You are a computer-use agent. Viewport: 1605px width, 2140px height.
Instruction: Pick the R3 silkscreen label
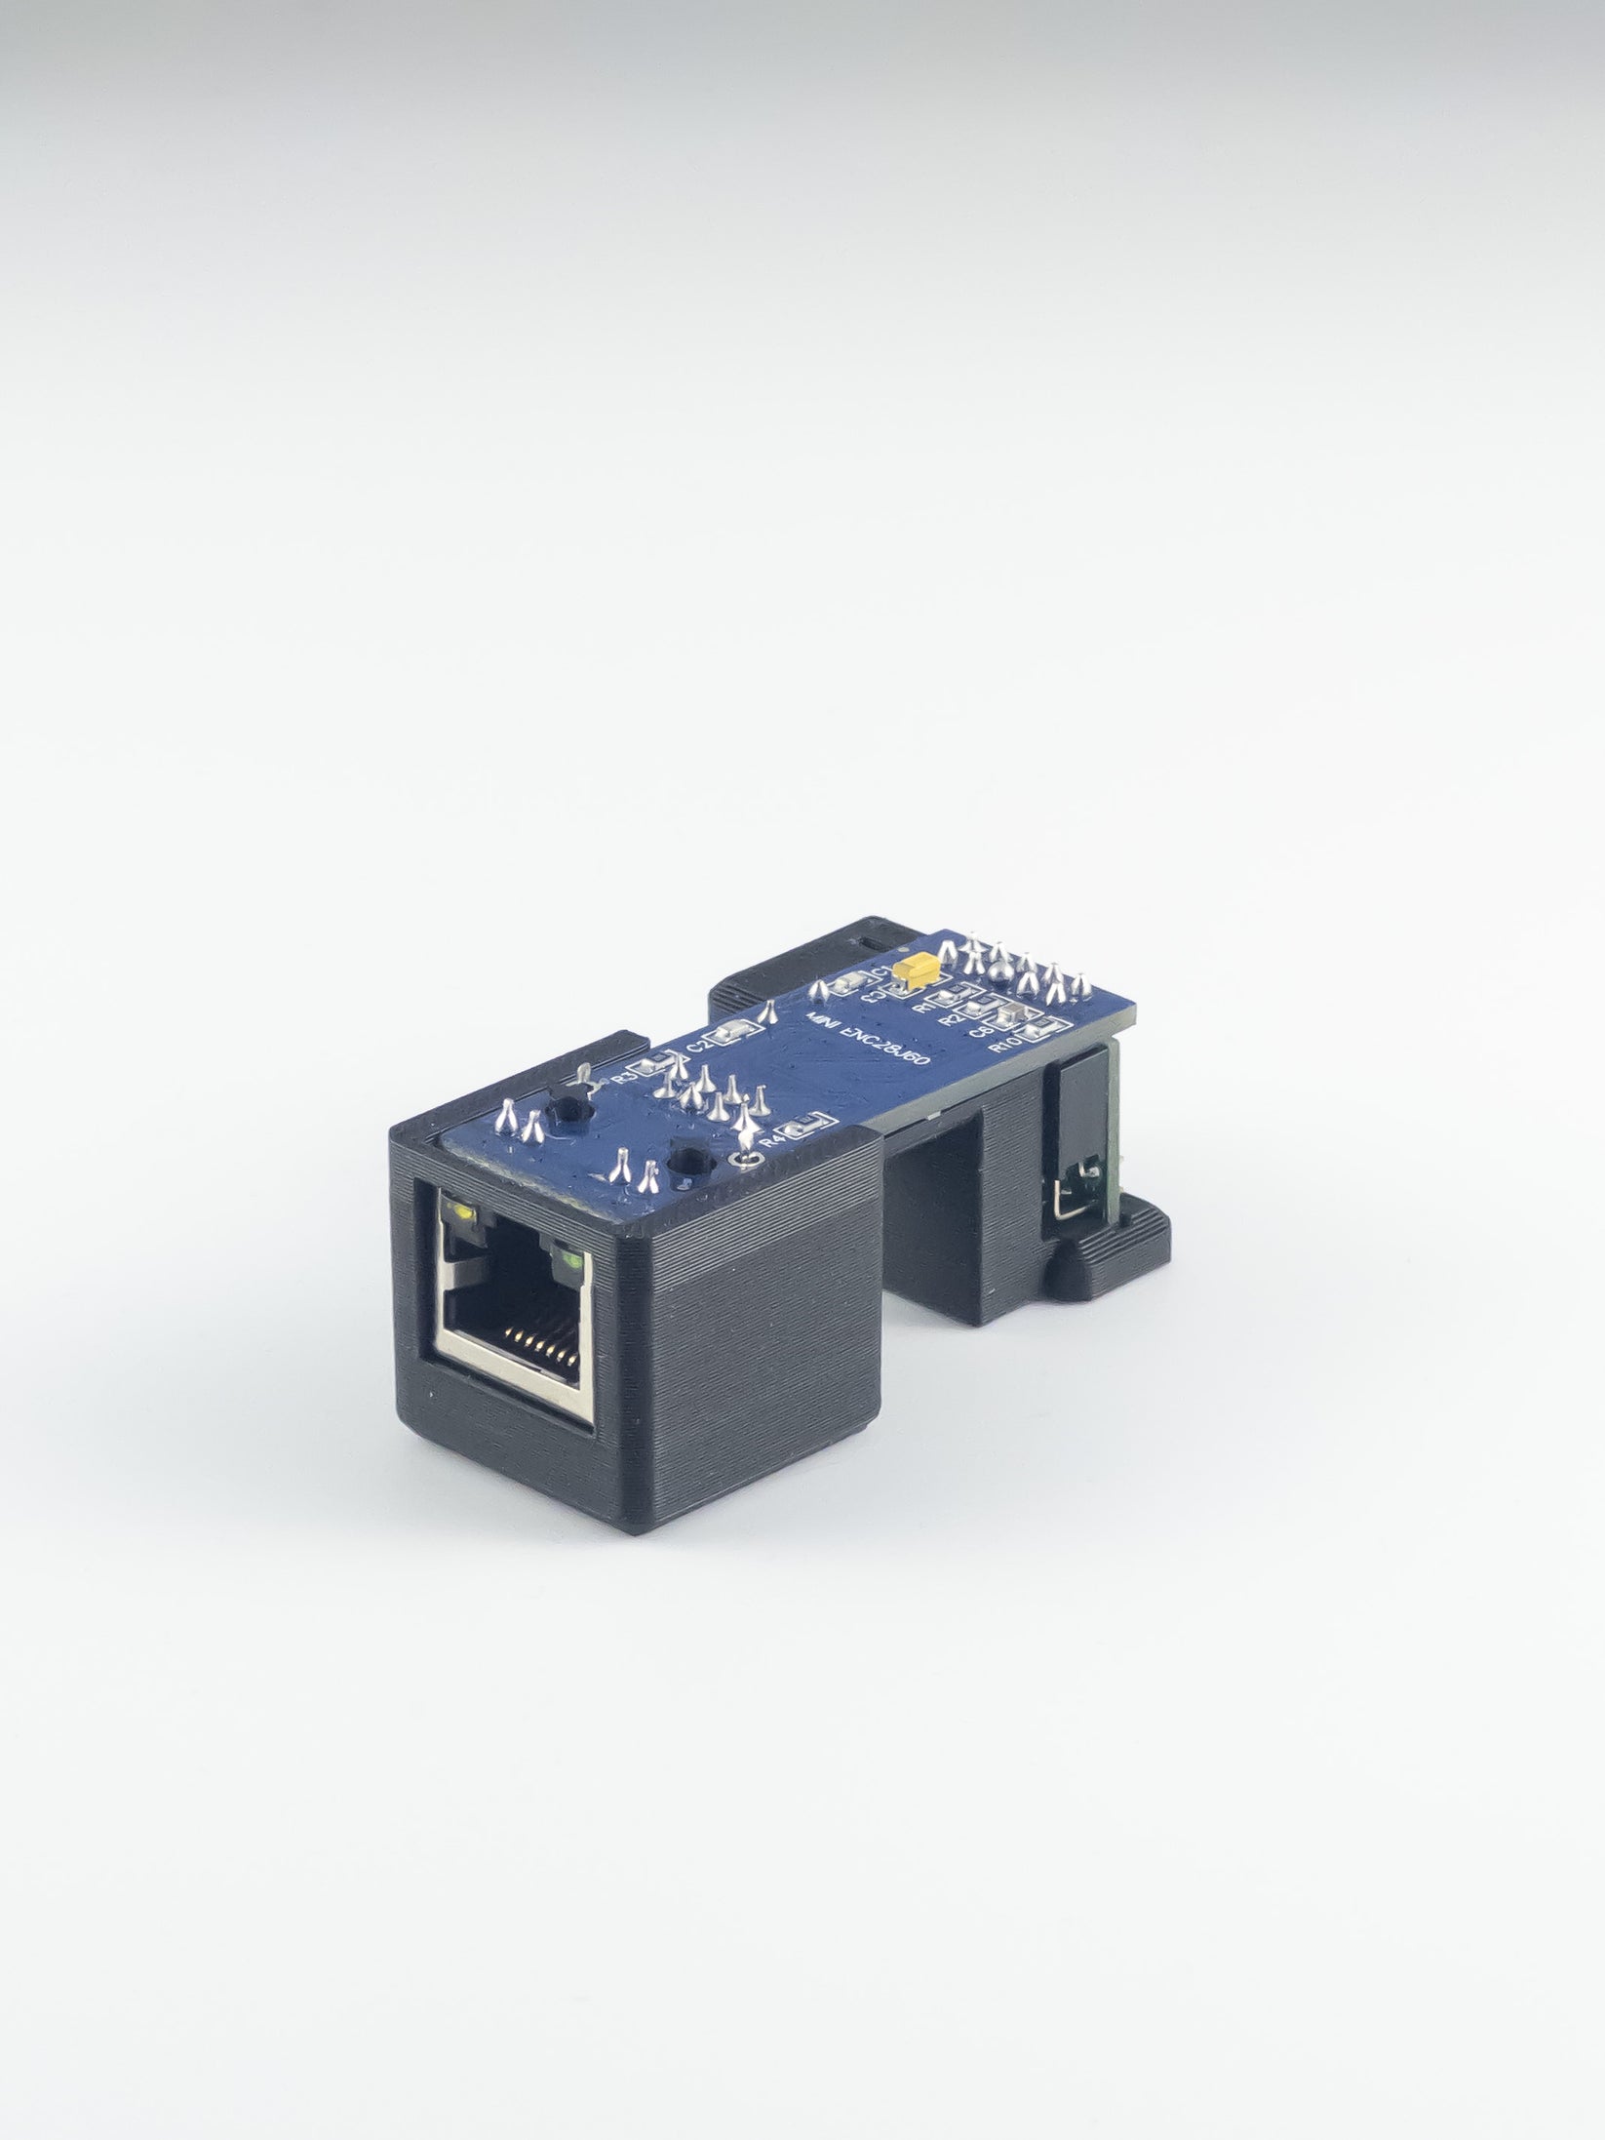[x=619, y=1080]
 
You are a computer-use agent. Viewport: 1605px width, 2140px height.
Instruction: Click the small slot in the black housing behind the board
[x=867, y=939]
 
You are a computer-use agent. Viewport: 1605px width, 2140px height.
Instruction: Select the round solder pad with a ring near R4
[x=747, y=1158]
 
